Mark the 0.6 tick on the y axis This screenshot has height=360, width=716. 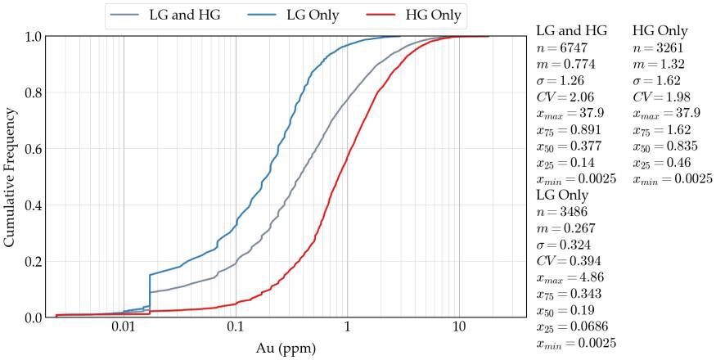(x=33, y=149)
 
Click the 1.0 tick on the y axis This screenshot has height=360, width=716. (x=33, y=37)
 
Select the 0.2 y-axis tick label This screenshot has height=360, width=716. (x=33, y=261)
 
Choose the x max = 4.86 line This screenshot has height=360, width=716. (x=570, y=277)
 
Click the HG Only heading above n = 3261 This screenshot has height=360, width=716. (x=661, y=30)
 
